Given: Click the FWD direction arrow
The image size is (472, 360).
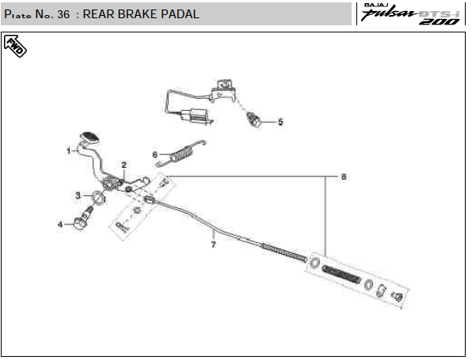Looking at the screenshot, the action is tap(15, 46).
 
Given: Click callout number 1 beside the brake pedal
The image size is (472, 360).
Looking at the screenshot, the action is tap(69, 150).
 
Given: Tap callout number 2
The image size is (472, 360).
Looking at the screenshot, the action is tap(124, 165).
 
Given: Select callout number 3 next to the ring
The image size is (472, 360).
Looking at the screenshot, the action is tap(78, 195).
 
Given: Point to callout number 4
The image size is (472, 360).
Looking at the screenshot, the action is tap(60, 225).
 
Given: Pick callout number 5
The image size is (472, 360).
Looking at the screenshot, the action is tap(280, 122).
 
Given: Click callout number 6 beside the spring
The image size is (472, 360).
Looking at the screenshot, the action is tap(154, 155).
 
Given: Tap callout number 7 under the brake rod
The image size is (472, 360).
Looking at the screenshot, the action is tap(213, 244).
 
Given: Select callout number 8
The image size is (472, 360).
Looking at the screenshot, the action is tap(344, 176).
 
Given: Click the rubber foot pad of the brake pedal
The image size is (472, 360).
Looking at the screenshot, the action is tap(89, 137).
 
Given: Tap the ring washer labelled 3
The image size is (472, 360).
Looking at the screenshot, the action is tap(98, 197).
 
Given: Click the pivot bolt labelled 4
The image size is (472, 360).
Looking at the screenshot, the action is tap(83, 218).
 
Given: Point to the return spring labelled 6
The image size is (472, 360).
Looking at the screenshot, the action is tap(180, 153).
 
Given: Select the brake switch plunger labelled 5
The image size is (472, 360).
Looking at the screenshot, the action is tap(253, 119).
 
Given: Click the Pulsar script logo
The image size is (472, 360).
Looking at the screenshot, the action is tap(389, 13).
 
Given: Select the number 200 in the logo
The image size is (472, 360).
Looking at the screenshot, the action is tap(440, 21).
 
